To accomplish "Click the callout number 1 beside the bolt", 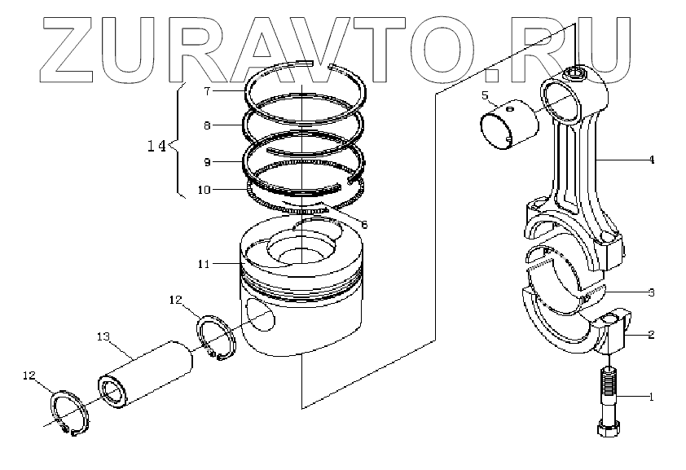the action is point(651,397).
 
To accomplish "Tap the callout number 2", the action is point(651,334).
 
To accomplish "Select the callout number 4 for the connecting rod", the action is point(651,160).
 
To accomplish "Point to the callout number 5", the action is point(485,96).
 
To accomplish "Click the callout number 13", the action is point(103,336).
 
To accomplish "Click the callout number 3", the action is point(651,292).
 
